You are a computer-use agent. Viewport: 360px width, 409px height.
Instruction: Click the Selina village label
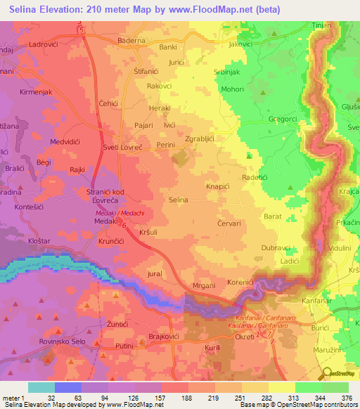[x=179, y=200]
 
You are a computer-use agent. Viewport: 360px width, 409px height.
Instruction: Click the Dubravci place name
[x=276, y=247]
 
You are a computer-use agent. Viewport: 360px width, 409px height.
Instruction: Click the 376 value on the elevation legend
[x=347, y=396]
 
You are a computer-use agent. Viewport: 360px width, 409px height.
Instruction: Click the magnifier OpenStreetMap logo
[x=327, y=372]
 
